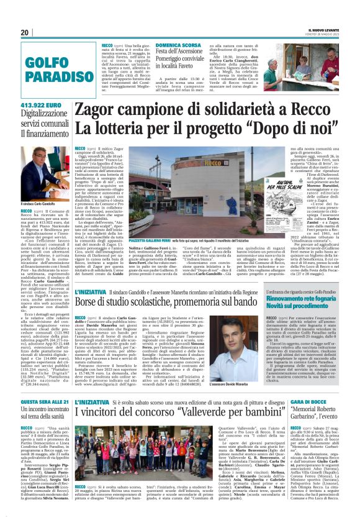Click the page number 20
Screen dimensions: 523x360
pos(25,33)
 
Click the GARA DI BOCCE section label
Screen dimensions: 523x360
pos(308,402)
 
